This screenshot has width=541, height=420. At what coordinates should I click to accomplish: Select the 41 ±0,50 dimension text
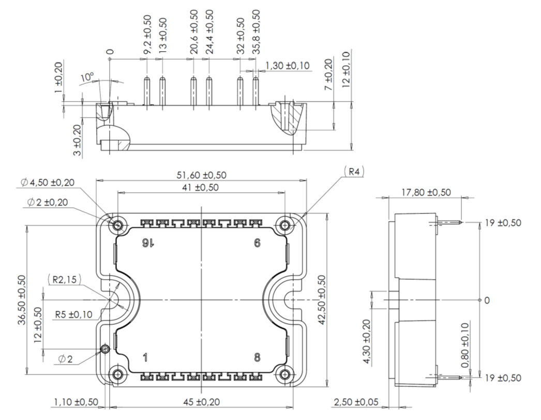tap(200, 187)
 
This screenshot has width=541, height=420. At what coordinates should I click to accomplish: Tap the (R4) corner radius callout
tap(354, 171)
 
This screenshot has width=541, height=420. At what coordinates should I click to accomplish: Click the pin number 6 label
tap(257, 243)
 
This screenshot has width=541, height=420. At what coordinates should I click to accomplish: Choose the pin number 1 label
tap(146, 357)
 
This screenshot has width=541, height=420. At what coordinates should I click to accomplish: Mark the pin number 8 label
tap(257, 357)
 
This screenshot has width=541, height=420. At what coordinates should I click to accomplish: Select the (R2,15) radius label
tap(64, 279)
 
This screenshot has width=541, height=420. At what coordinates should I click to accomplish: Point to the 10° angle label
tap(87, 78)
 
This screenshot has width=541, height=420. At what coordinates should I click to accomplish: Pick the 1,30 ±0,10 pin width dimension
tap(287, 66)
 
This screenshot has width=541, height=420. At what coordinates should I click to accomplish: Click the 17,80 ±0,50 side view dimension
tap(426, 193)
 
